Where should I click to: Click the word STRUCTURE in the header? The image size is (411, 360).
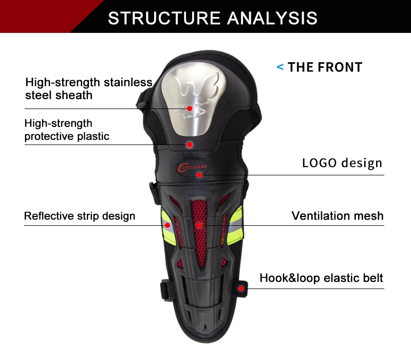[164, 18]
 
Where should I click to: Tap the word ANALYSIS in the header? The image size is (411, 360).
[272, 18]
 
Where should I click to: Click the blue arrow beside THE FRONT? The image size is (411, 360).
[280, 67]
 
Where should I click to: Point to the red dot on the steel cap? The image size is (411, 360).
[190, 109]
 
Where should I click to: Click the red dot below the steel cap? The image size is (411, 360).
[190, 145]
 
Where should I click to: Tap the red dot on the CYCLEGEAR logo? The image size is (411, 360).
[199, 174]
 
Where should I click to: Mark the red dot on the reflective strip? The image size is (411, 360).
[167, 225]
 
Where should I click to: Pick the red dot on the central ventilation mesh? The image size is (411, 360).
[199, 225]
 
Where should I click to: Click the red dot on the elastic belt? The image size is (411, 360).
[240, 289]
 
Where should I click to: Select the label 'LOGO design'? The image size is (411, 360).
[342, 163]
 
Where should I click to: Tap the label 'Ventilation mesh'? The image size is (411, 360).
[338, 215]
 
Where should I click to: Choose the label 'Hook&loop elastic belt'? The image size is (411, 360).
[322, 278]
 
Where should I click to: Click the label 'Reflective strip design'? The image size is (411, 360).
[80, 216]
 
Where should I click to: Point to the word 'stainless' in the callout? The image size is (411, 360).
[128, 82]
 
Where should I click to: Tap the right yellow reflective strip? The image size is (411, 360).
[236, 226]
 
